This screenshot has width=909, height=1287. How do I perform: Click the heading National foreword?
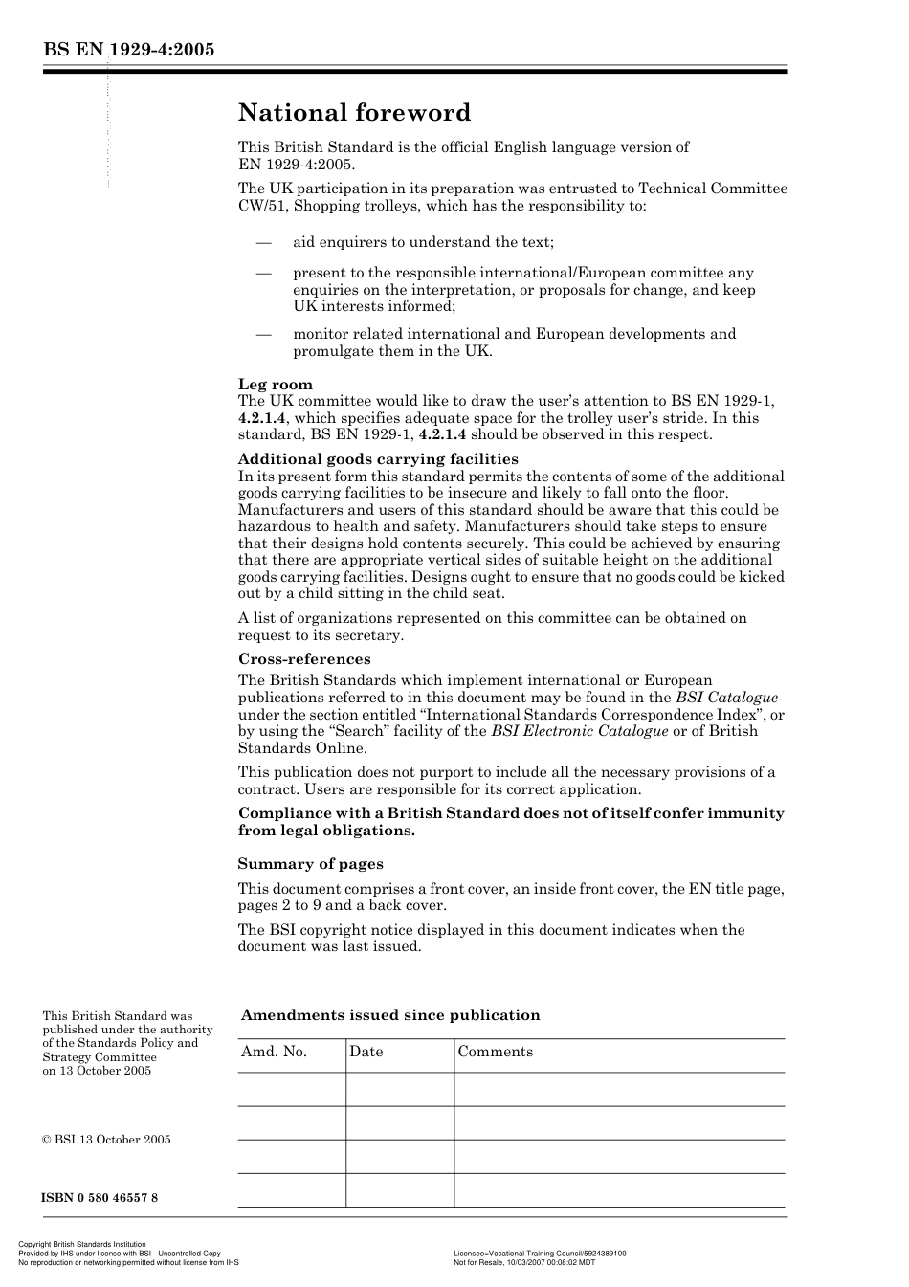click(354, 113)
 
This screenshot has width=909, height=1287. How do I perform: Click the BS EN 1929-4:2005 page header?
click(127, 50)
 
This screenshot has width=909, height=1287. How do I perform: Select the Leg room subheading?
click(275, 385)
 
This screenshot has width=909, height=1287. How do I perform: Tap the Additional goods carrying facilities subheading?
click(377, 459)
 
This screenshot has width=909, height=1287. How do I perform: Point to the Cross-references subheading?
click(303, 659)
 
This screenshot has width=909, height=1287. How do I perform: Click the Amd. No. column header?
click(274, 1052)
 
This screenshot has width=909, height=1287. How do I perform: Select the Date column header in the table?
click(366, 1052)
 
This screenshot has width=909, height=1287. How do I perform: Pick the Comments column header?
click(495, 1052)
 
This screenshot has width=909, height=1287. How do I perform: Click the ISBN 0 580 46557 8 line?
click(100, 1198)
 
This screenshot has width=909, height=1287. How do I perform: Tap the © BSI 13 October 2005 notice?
click(106, 1140)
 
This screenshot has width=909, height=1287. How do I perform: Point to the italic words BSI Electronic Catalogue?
click(579, 731)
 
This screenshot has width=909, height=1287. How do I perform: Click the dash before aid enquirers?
click(264, 243)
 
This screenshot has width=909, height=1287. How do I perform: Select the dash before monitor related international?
click(264, 335)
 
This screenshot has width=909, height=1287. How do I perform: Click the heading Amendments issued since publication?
click(389, 1015)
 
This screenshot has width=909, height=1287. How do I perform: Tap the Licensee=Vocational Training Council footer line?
click(540, 1254)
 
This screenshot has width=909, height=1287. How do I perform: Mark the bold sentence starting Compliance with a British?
click(510, 822)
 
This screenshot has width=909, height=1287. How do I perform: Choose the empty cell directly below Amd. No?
click(291, 1089)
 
